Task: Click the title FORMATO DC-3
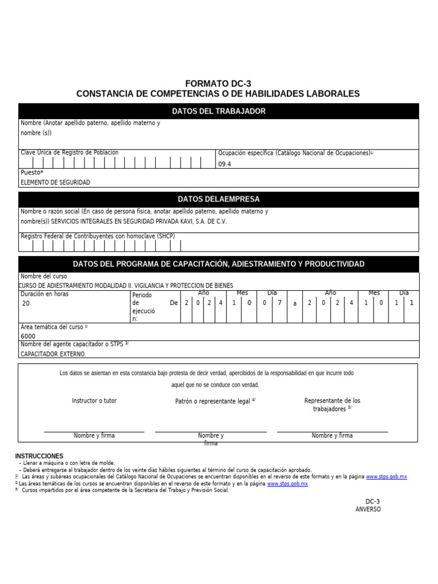[218, 83]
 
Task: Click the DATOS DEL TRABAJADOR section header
[218, 111]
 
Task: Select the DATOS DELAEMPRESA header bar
[218, 199]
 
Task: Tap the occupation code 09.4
[225, 164]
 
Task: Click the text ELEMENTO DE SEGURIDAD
[55, 182]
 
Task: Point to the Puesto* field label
[32, 172]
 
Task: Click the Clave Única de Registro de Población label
[70, 153]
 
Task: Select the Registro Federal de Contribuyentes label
[98, 236]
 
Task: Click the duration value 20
[26, 304]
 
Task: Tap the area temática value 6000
[28, 336]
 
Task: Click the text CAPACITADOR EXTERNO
[52, 354]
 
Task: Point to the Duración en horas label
[45, 294]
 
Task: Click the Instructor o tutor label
[94, 401]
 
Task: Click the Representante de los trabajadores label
[332, 405]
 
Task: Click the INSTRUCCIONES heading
[39, 456]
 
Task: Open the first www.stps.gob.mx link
[386, 477]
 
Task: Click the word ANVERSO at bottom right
[368, 509]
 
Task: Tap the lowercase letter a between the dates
[295, 304]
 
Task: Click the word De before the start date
[174, 303]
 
